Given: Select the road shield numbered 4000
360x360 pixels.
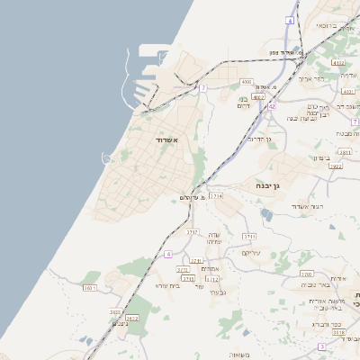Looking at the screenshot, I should click(x=247, y=82).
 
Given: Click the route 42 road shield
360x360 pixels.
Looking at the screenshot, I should click(x=271, y=105).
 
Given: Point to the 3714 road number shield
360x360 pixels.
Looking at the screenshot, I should click(x=216, y=195).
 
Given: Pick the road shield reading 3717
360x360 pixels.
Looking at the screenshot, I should click(x=193, y=231).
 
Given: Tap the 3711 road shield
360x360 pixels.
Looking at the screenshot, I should click(x=249, y=236).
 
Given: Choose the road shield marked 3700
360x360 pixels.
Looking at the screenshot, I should click(x=306, y=274).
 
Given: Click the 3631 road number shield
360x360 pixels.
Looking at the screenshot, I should click(x=89, y=288).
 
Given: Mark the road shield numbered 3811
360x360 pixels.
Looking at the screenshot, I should click(x=344, y=154).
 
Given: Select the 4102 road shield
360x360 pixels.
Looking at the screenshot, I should click(x=338, y=63).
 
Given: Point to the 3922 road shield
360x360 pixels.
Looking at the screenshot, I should click(x=335, y=166).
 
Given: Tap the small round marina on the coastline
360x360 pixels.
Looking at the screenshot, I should click(x=107, y=158).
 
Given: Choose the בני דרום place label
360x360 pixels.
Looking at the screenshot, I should click(x=243, y=102).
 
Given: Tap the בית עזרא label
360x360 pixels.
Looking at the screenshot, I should click(x=168, y=285).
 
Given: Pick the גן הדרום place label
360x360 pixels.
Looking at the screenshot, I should click(x=257, y=139).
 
